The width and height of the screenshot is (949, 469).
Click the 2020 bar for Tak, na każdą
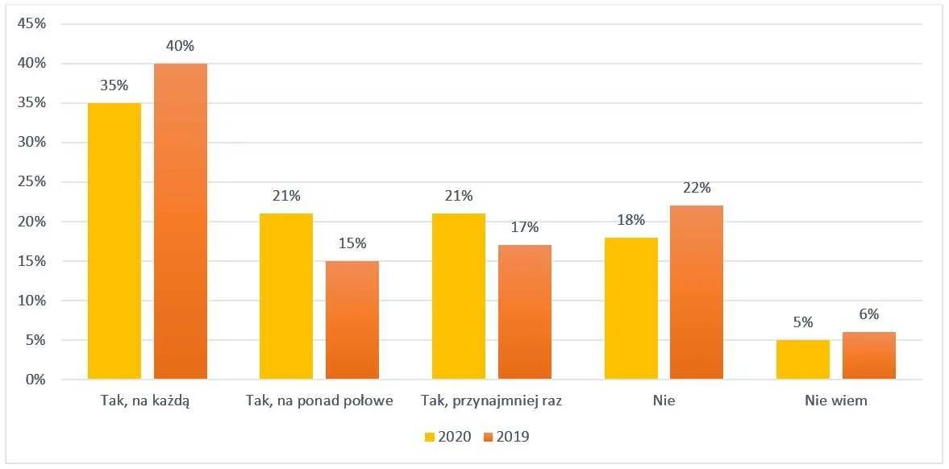[114, 241]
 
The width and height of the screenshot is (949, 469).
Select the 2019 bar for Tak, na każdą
[181, 222]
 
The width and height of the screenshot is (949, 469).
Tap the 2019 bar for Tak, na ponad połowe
[352, 320]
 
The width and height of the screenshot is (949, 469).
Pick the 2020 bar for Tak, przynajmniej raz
[459, 297]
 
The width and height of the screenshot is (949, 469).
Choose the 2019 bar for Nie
[697, 293]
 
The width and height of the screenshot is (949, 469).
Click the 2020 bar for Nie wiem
[803, 359]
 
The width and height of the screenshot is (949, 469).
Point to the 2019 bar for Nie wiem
[869, 355]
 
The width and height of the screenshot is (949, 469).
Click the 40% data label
[181, 46]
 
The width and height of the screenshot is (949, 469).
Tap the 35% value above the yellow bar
[114, 85]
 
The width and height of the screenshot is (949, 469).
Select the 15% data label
[352, 243]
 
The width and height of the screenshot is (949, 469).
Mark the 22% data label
[697, 188]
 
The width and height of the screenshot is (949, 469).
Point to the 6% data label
[869, 315]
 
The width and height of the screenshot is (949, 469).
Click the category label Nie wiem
[836, 401]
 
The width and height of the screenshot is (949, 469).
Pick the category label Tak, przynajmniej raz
[492, 401]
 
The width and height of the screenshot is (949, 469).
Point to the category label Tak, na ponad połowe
[320, 401]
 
